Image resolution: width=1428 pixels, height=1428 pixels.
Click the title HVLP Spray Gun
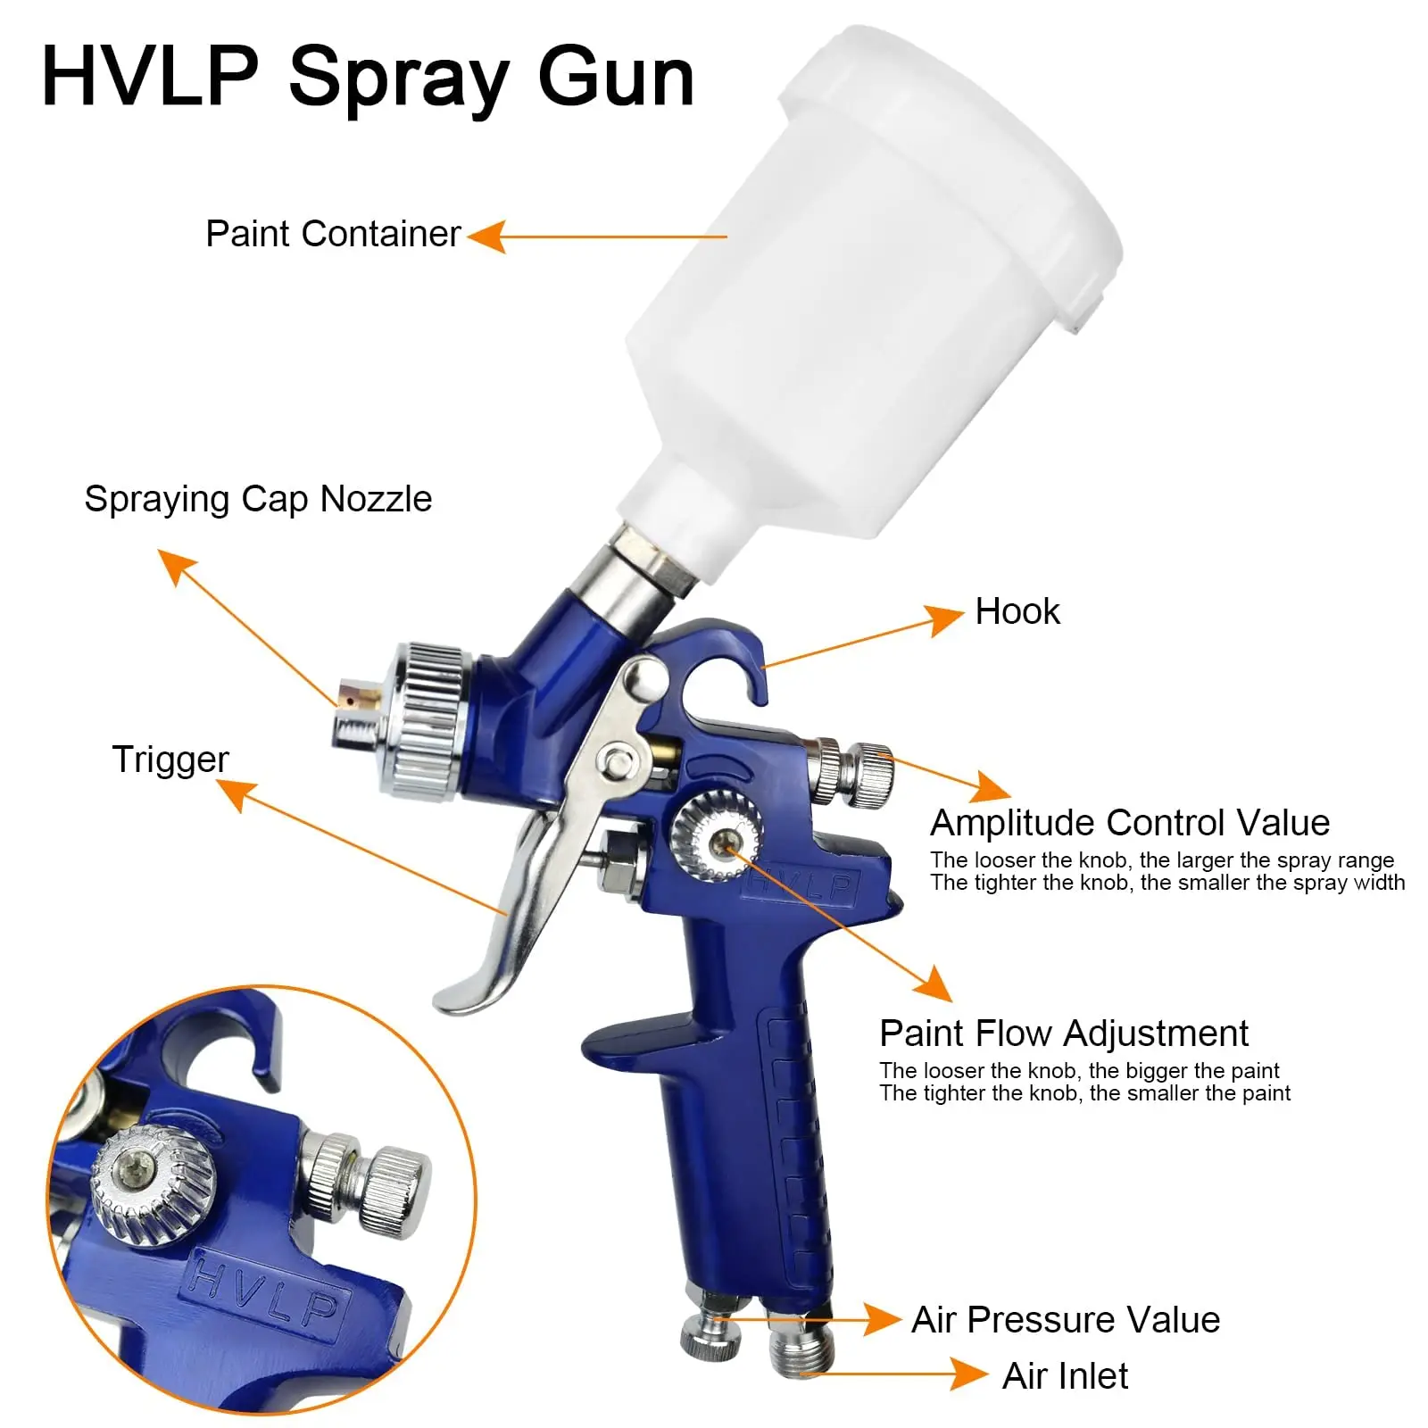coord(367,79)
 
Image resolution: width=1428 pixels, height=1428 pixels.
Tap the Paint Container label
coord(333,234)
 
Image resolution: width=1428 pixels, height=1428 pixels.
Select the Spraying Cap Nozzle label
coord(258,499)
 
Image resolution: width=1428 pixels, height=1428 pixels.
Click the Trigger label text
coord(170,760)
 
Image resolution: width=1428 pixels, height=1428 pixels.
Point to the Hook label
coord(1017,612)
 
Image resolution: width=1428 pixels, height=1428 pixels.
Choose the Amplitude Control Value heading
coord(1129,823)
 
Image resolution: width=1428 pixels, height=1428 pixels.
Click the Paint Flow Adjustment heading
coord(1063,1034)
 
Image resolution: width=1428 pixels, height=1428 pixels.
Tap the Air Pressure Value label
coord(1065,1320)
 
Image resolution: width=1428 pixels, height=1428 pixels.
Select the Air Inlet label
coord(1064,1376)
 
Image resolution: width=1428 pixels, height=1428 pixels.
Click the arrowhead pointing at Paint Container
coord(486,237)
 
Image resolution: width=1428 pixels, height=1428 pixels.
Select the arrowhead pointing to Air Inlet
coord(968,1374)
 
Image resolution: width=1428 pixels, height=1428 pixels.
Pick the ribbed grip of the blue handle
coord(794,1142)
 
